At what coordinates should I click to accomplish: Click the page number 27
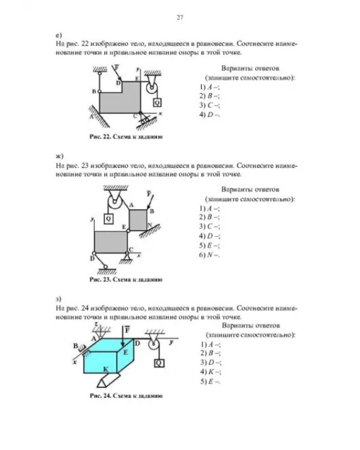pos(180,17)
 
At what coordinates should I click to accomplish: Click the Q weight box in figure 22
pos(157,103)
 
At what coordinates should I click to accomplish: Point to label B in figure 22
pos(94,92)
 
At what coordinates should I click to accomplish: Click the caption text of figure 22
pos(126,137)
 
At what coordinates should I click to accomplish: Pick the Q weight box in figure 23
pos(108,219)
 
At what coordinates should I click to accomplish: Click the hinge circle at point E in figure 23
pos(128,230)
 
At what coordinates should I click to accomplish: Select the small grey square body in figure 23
pos(138,220)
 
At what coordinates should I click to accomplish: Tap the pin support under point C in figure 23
pos(127,258)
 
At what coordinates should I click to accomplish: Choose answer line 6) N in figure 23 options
pos(209,255)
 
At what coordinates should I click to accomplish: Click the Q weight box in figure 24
pos(159,364)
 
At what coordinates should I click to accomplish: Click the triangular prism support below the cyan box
pos(108,380)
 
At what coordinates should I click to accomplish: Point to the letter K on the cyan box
pos(106,370)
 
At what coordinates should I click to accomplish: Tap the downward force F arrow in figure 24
pos(123,337)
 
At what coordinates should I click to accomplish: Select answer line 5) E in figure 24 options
pos(210,382)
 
